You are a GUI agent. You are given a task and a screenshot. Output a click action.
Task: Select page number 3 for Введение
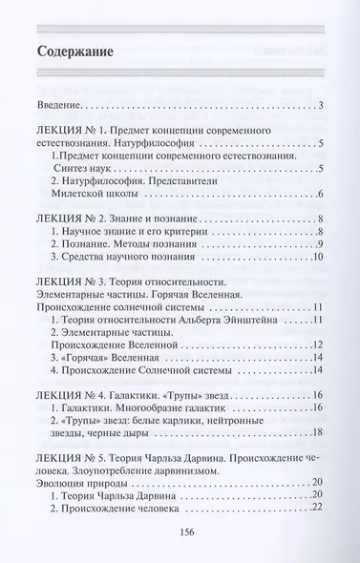324,104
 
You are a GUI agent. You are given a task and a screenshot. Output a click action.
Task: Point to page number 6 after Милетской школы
324,193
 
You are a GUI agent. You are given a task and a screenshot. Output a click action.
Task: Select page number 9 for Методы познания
324,244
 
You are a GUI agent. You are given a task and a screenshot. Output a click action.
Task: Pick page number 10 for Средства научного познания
321,258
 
